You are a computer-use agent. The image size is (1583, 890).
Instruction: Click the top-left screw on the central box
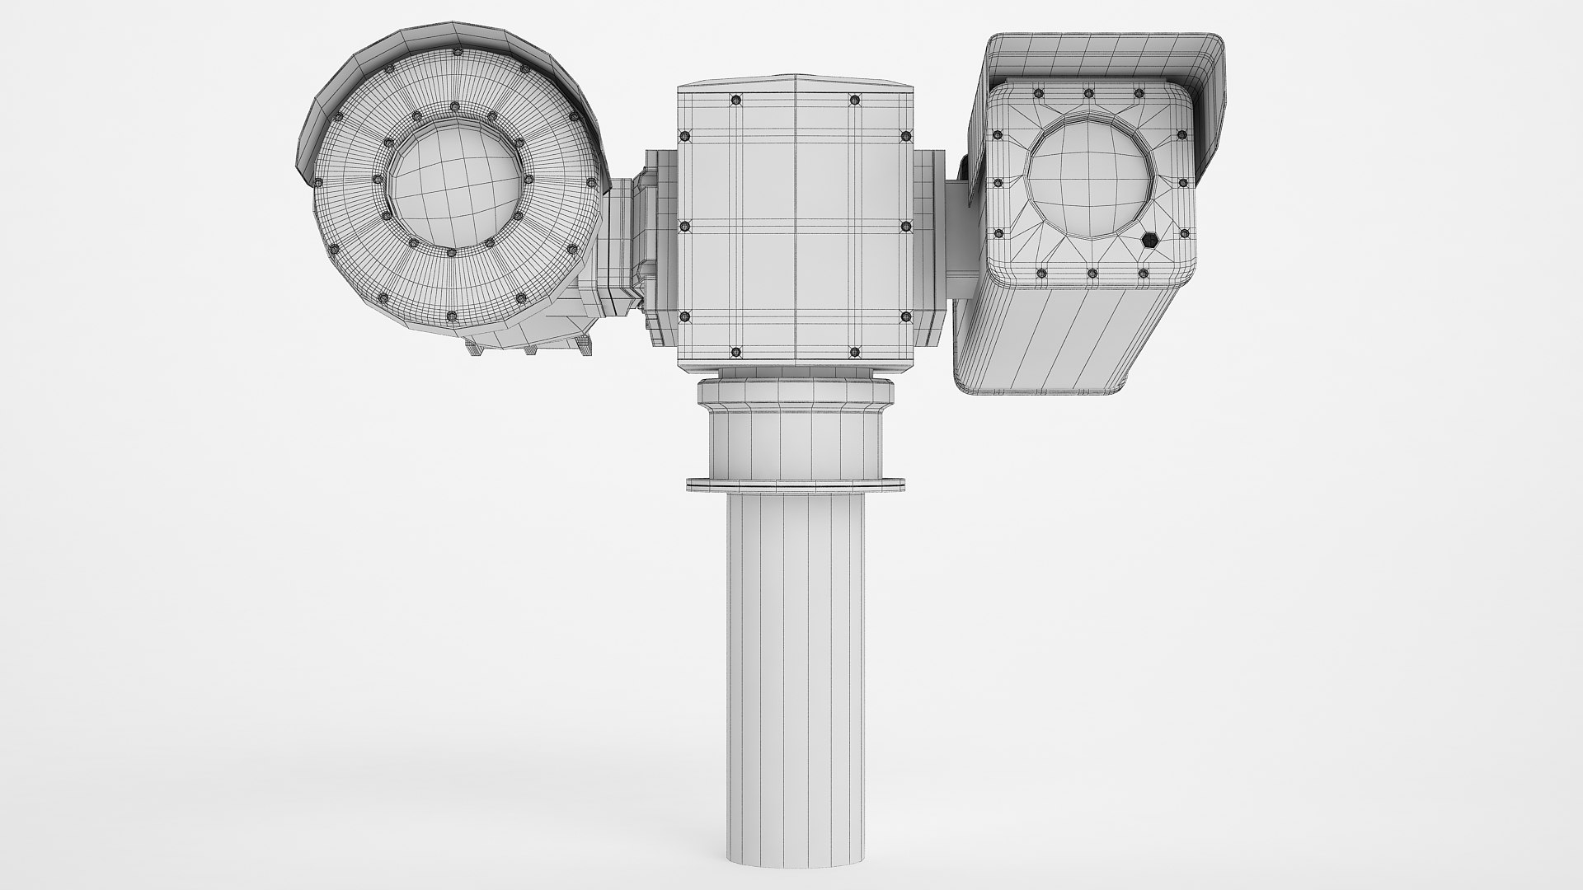click(735, 100)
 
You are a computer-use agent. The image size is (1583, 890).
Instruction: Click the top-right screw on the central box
click(854, 100)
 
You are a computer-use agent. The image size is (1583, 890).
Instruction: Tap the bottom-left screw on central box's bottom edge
click(735, 353)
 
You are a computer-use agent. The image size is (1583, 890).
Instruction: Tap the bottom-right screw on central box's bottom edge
click(854, 353)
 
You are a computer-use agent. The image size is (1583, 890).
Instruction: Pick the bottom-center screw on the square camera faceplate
click(1091, 273)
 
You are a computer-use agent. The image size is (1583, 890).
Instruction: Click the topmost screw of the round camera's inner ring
click(454, 106)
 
